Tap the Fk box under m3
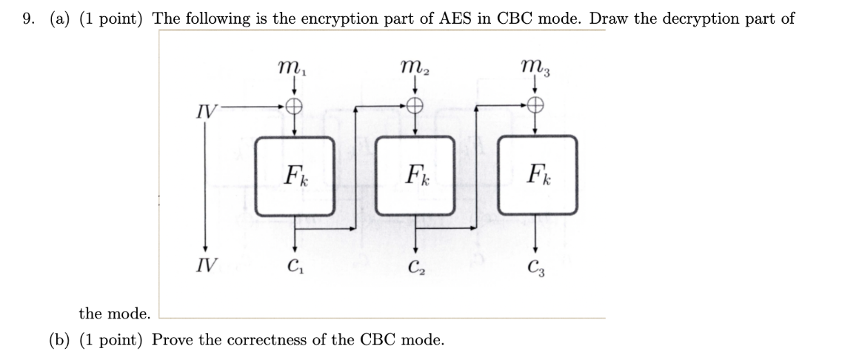click(536, 176)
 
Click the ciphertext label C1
click(295, 265)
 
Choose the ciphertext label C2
click(416, 265)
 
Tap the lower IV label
click(207, 264)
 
